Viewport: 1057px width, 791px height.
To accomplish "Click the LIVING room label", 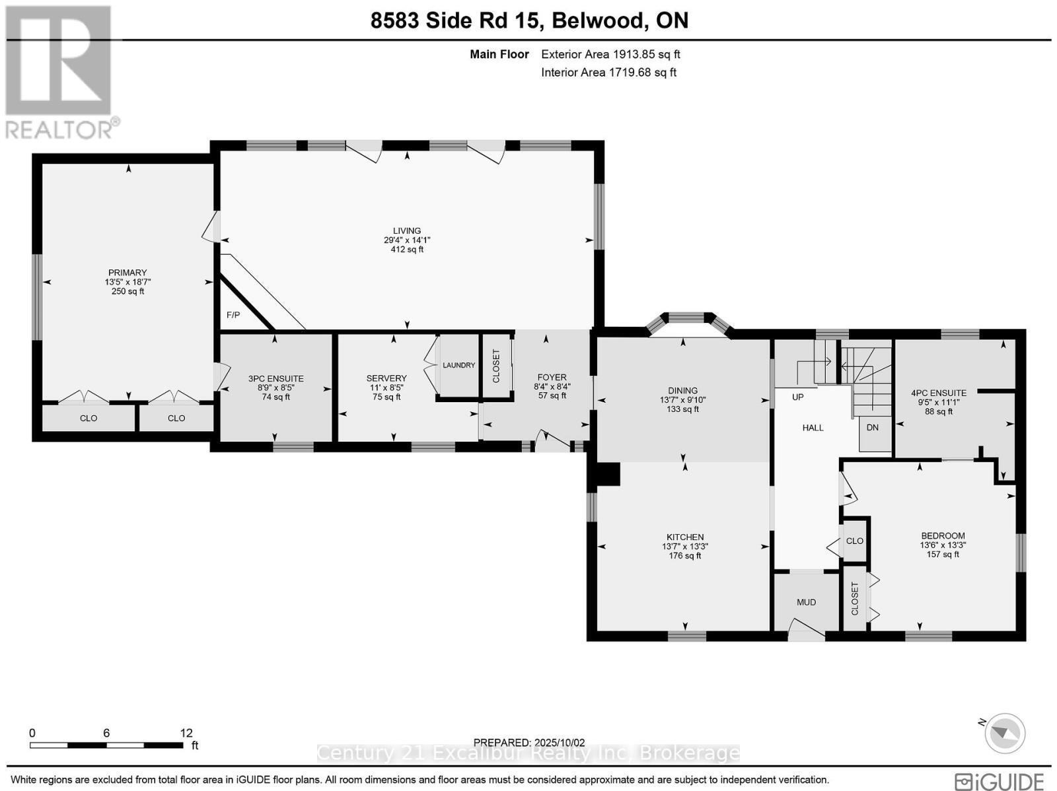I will [x=407, y=231].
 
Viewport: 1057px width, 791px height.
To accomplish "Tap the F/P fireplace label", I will [x=233, y=315].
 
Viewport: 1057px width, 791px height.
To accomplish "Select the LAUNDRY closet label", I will [x=458, y=365].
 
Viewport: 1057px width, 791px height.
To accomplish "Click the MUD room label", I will [x=806, y=602].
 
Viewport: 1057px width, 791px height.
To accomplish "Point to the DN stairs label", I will [x=873, y=427].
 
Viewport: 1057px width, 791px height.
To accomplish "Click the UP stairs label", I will [x=798, y=397].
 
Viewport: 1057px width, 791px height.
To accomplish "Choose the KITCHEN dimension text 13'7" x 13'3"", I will [x=685, y=547].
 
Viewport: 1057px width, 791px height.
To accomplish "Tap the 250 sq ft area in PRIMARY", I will [x=128, y=291].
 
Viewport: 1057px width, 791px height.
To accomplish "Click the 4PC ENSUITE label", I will [x=939, y=393].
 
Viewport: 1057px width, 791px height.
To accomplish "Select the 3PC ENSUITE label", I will [x=276, y=379].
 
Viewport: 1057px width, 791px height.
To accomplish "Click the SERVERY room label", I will [x=386, y=378].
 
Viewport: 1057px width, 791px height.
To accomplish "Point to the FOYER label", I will [x=552, y=378].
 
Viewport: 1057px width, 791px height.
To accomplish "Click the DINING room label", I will [x=682, y=391].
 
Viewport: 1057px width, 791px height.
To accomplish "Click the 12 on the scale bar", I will [x=186, y=733].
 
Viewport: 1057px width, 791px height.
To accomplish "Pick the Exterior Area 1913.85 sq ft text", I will [x=610, y=55].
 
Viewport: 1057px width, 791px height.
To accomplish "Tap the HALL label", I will [x=813, y=428].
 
